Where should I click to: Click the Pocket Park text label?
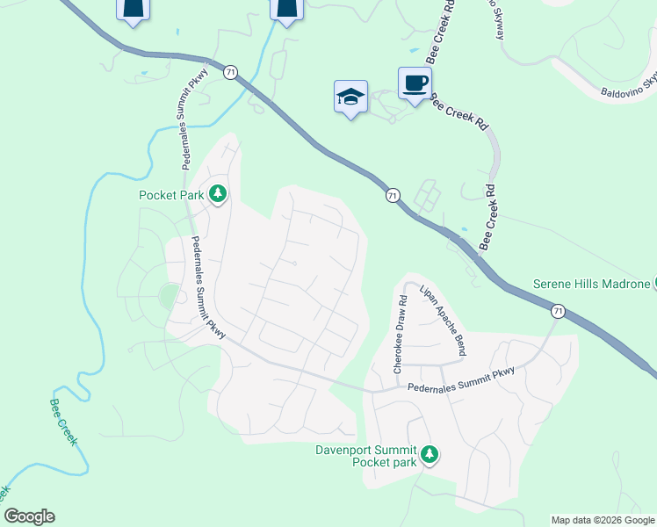coord(171,194)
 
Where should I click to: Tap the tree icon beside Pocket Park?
coord(217,194)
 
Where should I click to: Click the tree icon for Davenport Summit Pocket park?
coord(430,455)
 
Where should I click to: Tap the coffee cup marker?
coord(415,84)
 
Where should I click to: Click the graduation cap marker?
coord(350,97)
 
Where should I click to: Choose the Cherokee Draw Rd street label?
coord(400,334)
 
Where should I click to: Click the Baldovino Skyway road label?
coord(629,86)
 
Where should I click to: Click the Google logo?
coord(28,516)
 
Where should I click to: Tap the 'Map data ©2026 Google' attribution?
coord(603,520)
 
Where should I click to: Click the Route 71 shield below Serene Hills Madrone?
coord(558,311)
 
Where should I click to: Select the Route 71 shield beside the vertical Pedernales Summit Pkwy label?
coord(229,73)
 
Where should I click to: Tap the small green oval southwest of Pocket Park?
coord(167,297)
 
